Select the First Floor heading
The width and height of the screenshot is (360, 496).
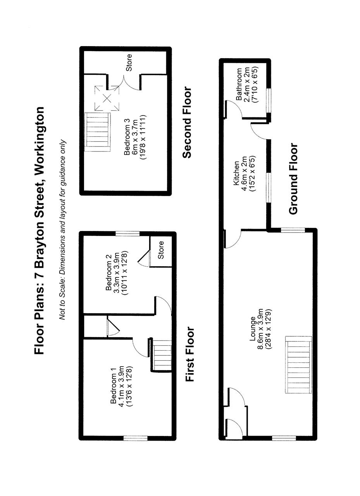click(x=190, y=354)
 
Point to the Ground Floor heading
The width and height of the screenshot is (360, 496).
click(x=293, y=179)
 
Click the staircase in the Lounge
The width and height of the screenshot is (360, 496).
click(x=299, y=365)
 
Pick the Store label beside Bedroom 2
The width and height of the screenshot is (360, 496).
click(x=161, y=250)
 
